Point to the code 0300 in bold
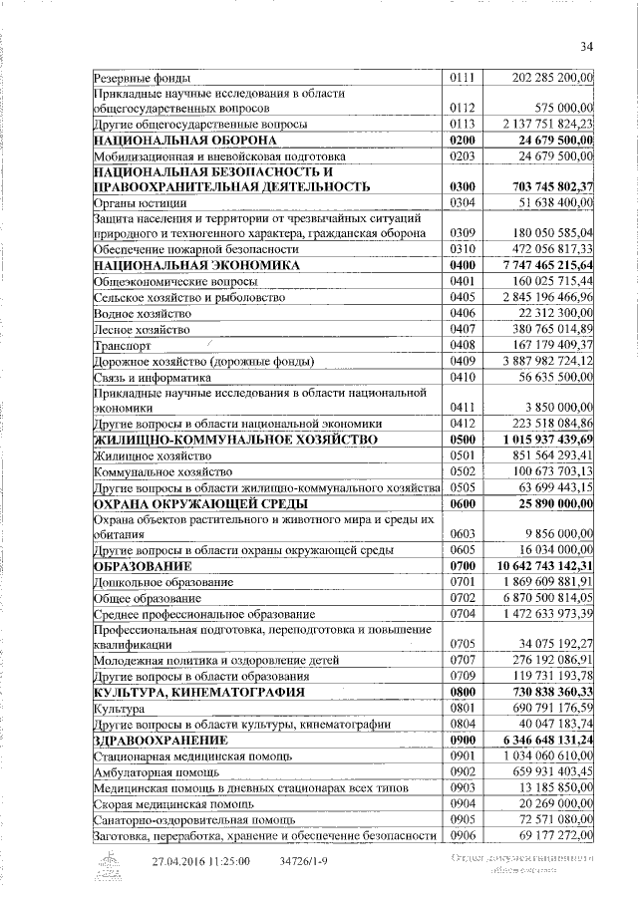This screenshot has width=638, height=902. point(465,186)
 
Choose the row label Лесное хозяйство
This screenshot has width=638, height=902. point(141,329)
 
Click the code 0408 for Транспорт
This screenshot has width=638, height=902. point(465,345)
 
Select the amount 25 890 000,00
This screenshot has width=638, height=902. point(549,503)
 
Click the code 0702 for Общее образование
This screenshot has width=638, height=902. point(465,598)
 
